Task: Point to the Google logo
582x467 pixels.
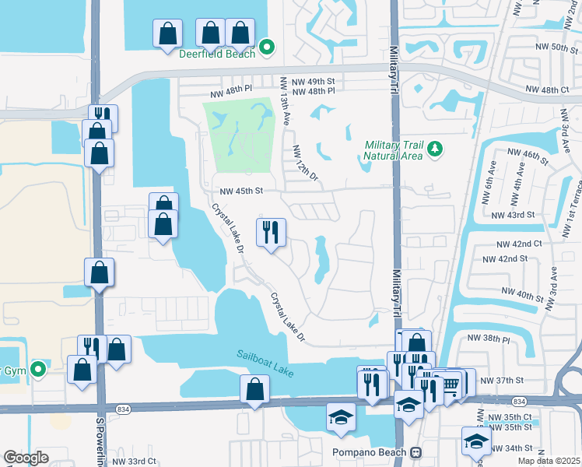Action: coord(26,457)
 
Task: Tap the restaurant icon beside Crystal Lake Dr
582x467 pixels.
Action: coord(271,232)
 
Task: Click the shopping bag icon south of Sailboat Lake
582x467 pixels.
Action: coord(254,388)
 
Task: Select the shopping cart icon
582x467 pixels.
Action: coord(451,383)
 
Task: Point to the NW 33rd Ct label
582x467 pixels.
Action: coord(135,462)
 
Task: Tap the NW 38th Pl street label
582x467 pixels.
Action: coord(488,339)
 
